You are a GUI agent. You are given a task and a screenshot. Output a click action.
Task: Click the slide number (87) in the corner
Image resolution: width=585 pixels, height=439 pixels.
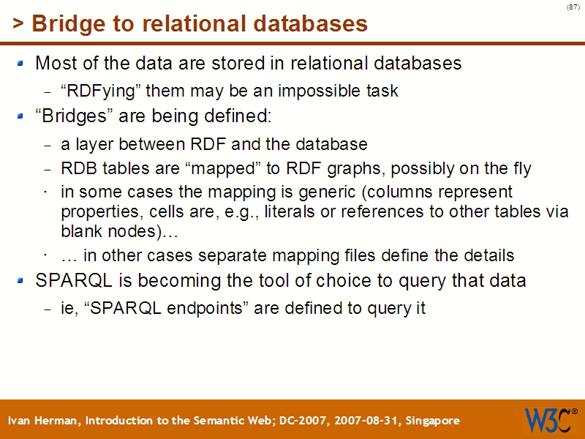(573, 7)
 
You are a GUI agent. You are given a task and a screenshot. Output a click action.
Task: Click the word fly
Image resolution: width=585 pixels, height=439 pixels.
(519, 169)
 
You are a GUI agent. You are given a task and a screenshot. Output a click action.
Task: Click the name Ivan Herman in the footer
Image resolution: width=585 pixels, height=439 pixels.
(44, 421)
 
